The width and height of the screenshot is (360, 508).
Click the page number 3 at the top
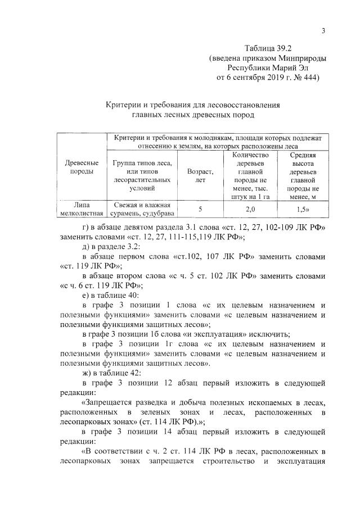pyautogui.click(x=323, y=31)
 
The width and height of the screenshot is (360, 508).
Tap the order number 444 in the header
pyautogui.click(x=307, y=78)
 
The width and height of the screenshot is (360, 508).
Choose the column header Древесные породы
pyautogui.click(x=78, y=167)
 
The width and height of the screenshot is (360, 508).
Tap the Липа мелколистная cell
pyautogui.click(x=78, y=209)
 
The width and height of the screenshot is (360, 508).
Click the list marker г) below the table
pyautogui.click(x=85, y=226)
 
